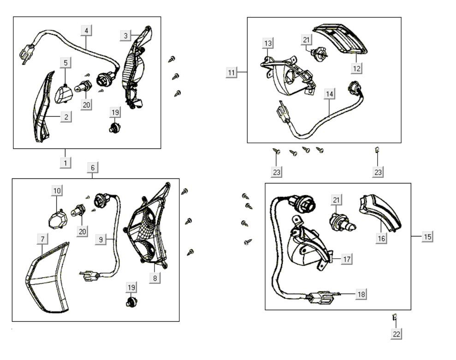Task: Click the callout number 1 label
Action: pos(65,162)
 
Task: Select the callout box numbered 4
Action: pos(86,31)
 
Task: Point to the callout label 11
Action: pos(232,72)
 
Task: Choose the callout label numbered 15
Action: pos(427,236)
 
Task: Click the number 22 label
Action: pos(396,334)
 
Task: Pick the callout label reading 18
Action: pos(361,294)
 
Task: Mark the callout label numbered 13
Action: pos(268,43)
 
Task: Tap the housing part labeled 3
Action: pos(135,69)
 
